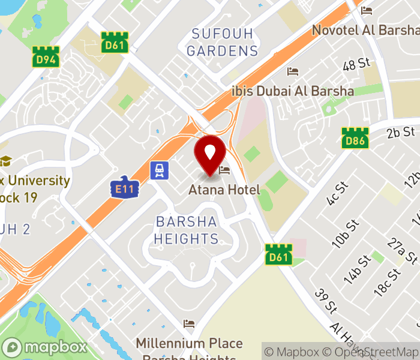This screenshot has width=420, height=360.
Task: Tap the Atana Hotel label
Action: coord(224,190)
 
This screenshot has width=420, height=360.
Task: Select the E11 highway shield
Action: coord(125,188)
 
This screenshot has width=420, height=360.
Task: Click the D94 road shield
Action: coord(45,57)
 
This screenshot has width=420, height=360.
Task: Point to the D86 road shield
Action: coord(355,138)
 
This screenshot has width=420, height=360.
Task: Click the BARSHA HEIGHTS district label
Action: coord(186,230)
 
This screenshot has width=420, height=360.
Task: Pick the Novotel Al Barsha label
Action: coord(365,30)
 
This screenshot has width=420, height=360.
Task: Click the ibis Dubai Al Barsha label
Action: coord(293,91)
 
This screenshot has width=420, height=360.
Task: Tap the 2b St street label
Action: coord(401,132)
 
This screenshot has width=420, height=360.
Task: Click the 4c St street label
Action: coord(338,193)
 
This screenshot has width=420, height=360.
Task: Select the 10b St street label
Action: coord(346,233)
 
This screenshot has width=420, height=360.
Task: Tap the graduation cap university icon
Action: coord(6,161)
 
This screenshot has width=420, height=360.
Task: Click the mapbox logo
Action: coord(45,347)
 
